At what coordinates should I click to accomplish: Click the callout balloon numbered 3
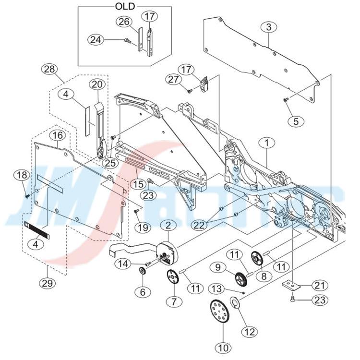coord(268,27)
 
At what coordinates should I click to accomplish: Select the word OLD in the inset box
coord(125,6)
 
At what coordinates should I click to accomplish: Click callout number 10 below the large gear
coord(224,347)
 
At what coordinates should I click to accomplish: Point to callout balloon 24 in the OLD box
coord(96,40)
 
